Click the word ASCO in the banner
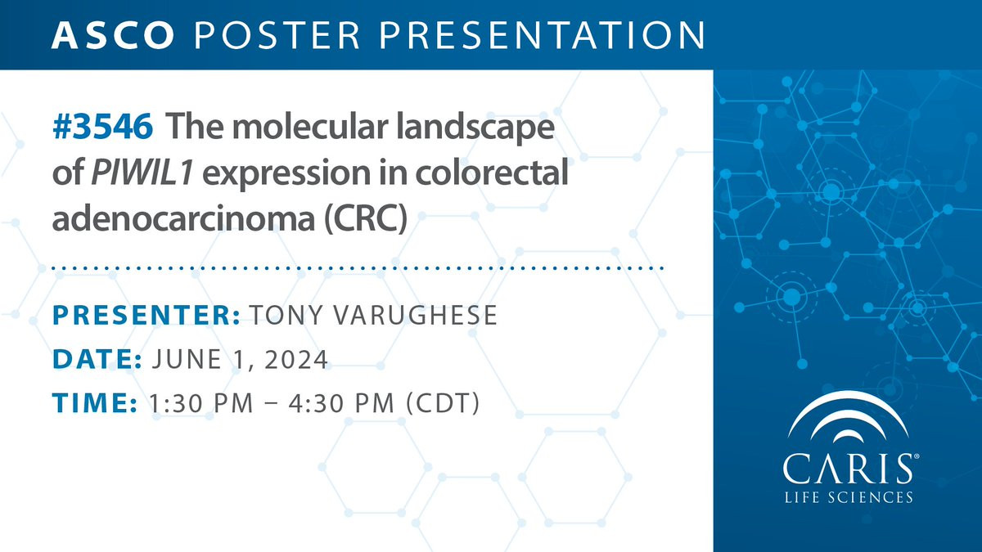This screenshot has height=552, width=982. [x=113, y=35]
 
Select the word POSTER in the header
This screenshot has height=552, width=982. [x=277, y=35]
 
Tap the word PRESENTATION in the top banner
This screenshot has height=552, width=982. [x=542, y=35]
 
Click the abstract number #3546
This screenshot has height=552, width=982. [x=102, y=127]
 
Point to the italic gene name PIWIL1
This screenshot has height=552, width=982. [x=142, y=173]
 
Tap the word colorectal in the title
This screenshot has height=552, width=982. [x=492, y=173]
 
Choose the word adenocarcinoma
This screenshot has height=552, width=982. [x=183, y=218]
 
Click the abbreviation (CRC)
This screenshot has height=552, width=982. [x=366, y=218]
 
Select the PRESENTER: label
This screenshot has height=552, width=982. [x=146, y=315]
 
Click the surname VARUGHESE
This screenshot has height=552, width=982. [x=416, y=315]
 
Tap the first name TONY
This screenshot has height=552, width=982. [x=286, y=315]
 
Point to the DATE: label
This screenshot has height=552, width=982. [x=97, y=359]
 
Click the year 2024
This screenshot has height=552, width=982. [x=296, y=359]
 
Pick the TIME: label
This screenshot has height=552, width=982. [x=95, y=403]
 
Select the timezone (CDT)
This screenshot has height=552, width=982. [x=443, y=403]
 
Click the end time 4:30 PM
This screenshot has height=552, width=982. [x=341, y=403]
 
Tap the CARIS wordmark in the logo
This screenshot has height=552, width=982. [x=849, y=469]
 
